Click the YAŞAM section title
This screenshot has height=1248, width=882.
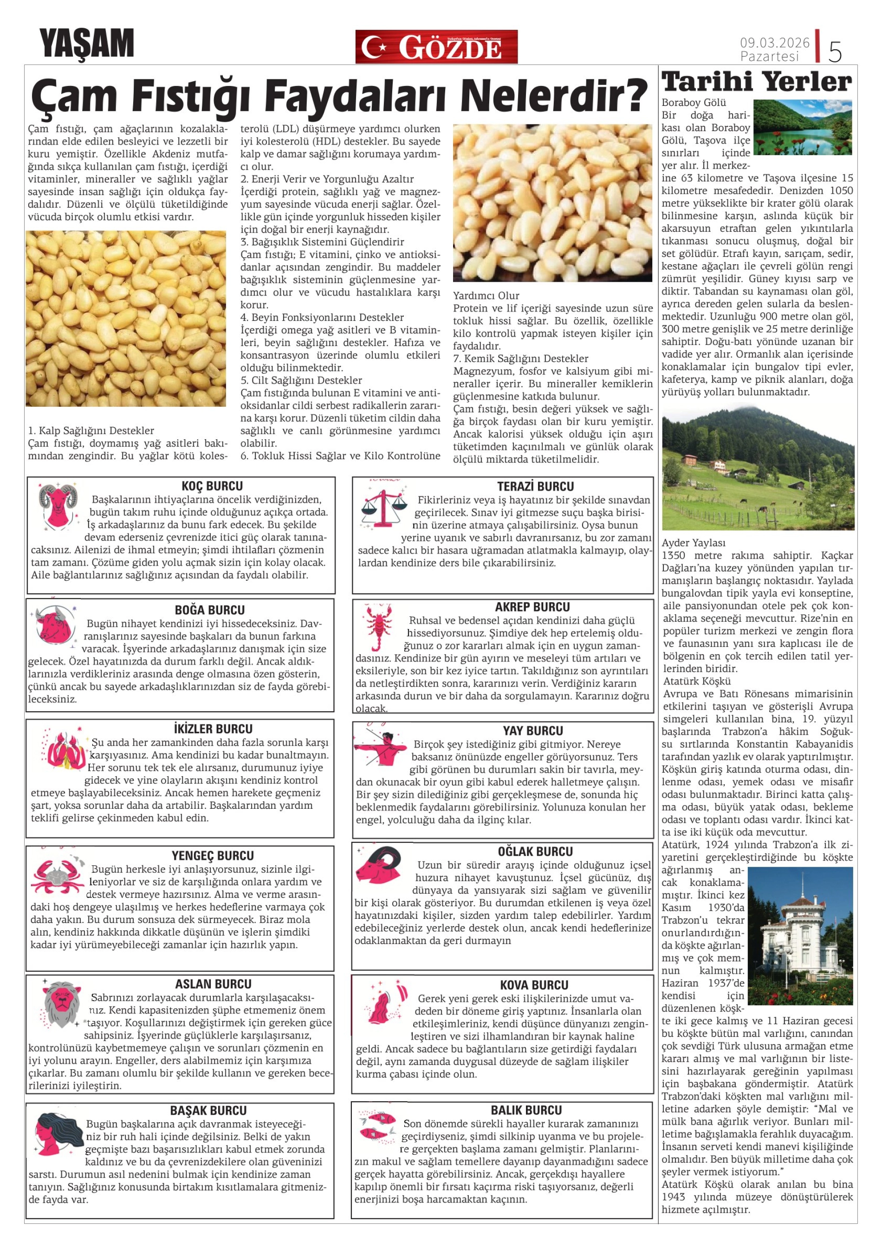[86, 44]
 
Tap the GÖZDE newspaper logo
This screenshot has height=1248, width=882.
[436, 47]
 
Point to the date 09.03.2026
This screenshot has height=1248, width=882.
[774, 42]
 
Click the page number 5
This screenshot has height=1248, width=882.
[835, 52]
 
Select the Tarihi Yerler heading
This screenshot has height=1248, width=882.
[757, 82]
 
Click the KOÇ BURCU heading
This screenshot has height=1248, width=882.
[212, 486]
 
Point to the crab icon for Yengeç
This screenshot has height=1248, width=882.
[57, 875]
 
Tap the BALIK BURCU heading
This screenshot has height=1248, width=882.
[526, 1110]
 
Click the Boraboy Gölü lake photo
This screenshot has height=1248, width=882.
[802, 127]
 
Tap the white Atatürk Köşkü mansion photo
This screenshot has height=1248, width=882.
[800, 936]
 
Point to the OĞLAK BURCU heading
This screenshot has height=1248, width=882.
[535, 851]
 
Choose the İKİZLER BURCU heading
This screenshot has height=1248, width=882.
[213, 729]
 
